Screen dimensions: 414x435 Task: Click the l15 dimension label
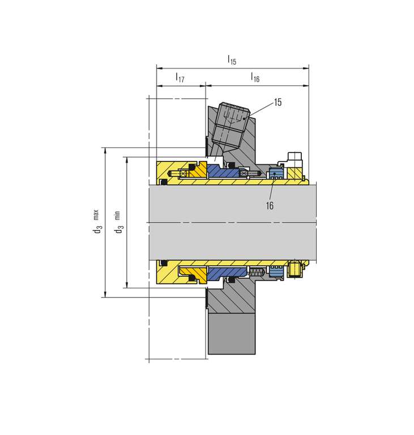(232, 60)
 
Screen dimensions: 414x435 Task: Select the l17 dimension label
(180, 77)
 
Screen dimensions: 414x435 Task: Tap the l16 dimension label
(255, 77)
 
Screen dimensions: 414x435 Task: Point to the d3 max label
(96, 221)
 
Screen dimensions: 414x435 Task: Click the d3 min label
(118, 222)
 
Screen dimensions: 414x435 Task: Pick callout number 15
(278, 103)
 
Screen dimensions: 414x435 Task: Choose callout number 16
(270, 206)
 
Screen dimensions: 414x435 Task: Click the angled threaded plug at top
(231, 124)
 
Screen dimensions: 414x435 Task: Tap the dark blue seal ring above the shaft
(224, 172)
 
